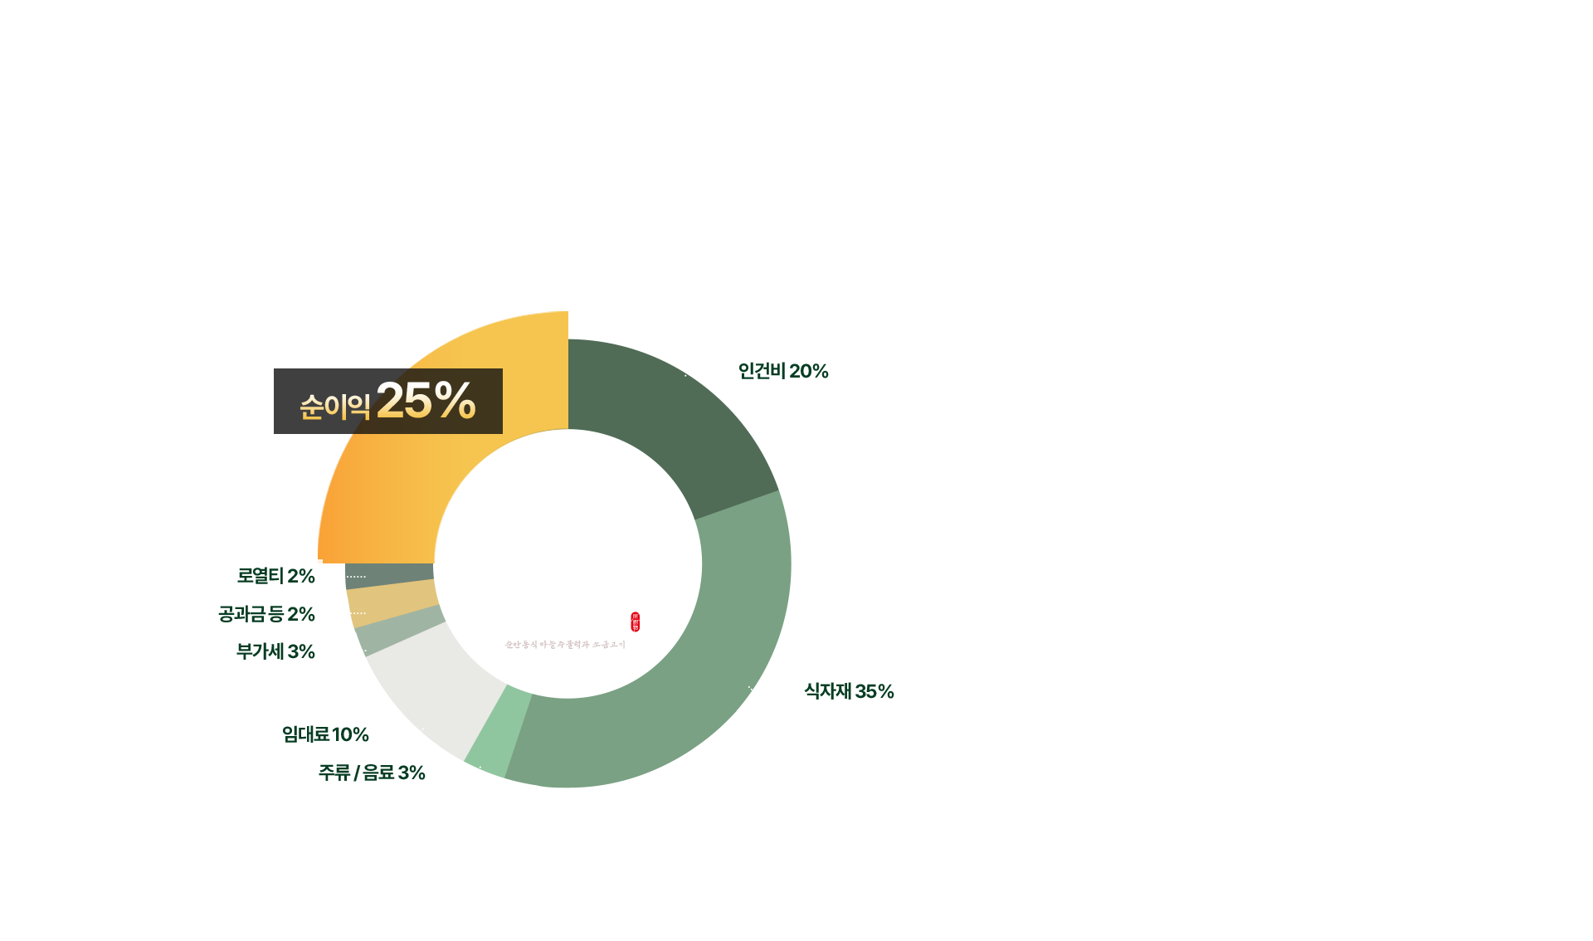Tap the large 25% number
(426, 401)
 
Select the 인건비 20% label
(782, 371)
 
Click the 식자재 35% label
(848, 691)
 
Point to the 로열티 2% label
(275, 576)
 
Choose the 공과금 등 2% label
(266, 614)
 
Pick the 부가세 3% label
(275, 651)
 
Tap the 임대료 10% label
(325, 734)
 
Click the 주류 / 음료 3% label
(372, 773)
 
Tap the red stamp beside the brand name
(636, 622)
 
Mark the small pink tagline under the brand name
(565, 645)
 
